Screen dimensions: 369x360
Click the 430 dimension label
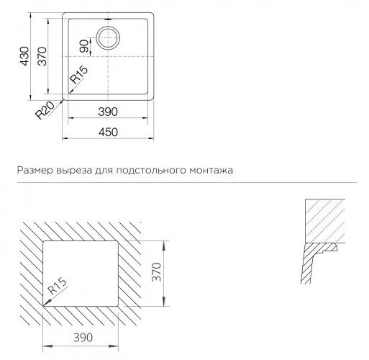pyautogui.click(x=24, y=56)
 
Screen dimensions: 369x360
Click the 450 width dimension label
pyautogui.click(x=108, y=132)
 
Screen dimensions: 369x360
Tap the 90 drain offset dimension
pyautogui.click(x=83, y=46)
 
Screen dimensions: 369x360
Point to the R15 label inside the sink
pyautogui.click(x=79, y=75)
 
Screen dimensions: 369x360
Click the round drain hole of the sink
pyautogui.click(x=108, y=37)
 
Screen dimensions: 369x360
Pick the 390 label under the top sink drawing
pyautogui.click(x=108, y=112)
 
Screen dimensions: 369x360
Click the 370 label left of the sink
pyautogui.click(x=42, y=56)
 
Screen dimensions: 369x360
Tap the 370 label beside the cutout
pyautogui.click(x=157, y=272)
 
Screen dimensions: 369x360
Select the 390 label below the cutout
pyautogui.click(x=83, y=338)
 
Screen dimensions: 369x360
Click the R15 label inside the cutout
pyautogui.click(x=57, y=286)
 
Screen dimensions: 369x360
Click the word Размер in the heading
pyautogui.click(x=35, y=171)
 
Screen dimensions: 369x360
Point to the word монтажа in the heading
pyautogui.click(x=211, y=171)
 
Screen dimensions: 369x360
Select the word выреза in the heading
pyautogui.click(x=74, y=171)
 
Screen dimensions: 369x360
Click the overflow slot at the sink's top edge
pyautogui.click(x=108, y=19)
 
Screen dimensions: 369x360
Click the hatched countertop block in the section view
pyautogui.click(x=325, y=221)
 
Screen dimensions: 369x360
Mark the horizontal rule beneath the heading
pyautogui.click(x=187, y=183)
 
